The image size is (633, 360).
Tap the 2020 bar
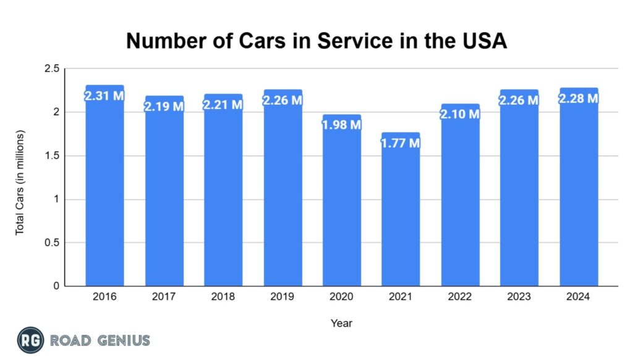coord(342,204)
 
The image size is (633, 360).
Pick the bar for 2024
coord(579,192)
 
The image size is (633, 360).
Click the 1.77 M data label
coord(401,143)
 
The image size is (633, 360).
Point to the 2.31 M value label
coord(104,96)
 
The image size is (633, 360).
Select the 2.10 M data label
coord(461,114)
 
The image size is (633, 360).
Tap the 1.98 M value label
coord(342,125)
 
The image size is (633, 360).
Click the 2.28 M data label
coord(579,98)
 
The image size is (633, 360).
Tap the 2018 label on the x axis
coord(223,297)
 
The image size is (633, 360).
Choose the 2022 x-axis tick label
coord(461,297)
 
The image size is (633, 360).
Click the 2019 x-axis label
coord(283,297)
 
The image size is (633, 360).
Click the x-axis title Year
coord(341,323)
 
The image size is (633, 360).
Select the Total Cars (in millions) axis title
coord(20,182)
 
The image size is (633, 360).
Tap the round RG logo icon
coord(30,340)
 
